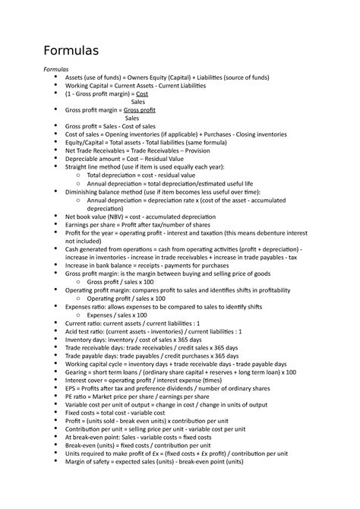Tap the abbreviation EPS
(71, 388)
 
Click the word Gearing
(79, 372)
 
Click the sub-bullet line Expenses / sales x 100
(117, 315)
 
